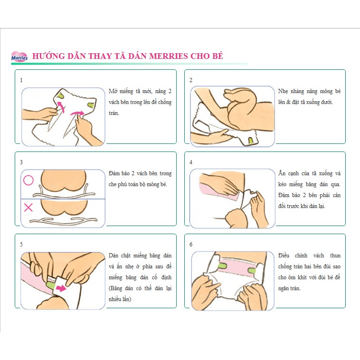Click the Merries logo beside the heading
pyautogui.click(x=19, y=57)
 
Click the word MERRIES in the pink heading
pyautogui.click(x=169, y=56)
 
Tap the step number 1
pyautogui.click(x=21, y=80)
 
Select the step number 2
pyautogui.click(x=191, y=80)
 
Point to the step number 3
pyautogui.click(x=21, y=162)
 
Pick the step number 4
pyautogui.click(x=191, y=162)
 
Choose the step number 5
pyautogui.click(x=21, y=244)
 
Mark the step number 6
pyautogui.click(x=191, y=244)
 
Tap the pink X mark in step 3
pyautogui.click(x=28, y=208)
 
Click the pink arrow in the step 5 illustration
pyautogui.click(x=61, y=288)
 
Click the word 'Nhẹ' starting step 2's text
pyautogui.click(x=283, y=91)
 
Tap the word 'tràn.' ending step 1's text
pyautogui.click(x=114, y=113)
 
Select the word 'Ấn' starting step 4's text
pyautogui.click(x=282, y=173)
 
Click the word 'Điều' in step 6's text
pyautogui.click(x=284, y=256)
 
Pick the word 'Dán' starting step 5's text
pyautogui.click(x=113, y=256)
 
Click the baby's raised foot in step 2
pyautogui.click(x=234, y=93)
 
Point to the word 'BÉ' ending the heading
pyautogui.click(x=218, y=56)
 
